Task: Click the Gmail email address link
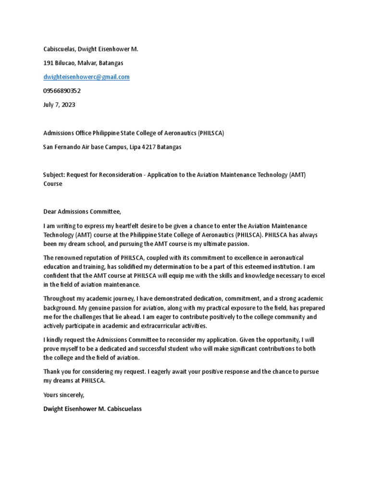tap(86, 77)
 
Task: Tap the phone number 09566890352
tap(62, 91)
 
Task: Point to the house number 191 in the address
tap(48, 63)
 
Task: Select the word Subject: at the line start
tap(54, 175)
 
